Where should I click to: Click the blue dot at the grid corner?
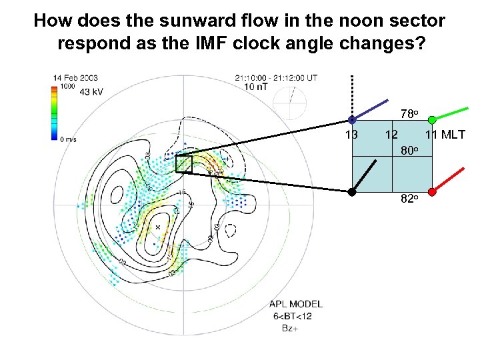352,120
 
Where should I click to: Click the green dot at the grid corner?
432,120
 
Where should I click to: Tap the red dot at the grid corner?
432,192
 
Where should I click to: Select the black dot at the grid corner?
352,192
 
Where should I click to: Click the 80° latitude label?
409,150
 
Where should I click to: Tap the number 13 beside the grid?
351,135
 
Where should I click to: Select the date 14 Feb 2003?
75,78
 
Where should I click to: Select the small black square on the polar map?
183,164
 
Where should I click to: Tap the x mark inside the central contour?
158,227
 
